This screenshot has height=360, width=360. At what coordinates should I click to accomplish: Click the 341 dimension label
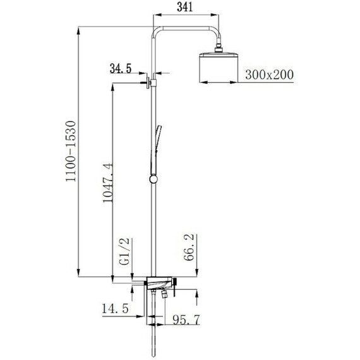tap(184, 8)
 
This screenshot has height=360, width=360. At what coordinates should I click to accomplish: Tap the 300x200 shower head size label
tap(269, 75)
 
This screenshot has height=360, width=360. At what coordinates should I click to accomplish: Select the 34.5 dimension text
tap(121, 68)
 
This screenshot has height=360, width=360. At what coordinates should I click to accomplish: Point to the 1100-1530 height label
tap(71, 152)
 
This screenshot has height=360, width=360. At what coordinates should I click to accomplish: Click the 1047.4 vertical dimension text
tap(107, 183)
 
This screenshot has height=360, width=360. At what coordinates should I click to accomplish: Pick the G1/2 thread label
tap(125, 251)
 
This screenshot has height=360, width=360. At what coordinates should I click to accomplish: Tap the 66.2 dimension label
tap(189, 248)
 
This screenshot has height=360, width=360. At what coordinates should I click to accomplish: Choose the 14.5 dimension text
tap(115, 308)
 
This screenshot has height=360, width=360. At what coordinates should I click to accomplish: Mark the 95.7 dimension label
tap(186, 320)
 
